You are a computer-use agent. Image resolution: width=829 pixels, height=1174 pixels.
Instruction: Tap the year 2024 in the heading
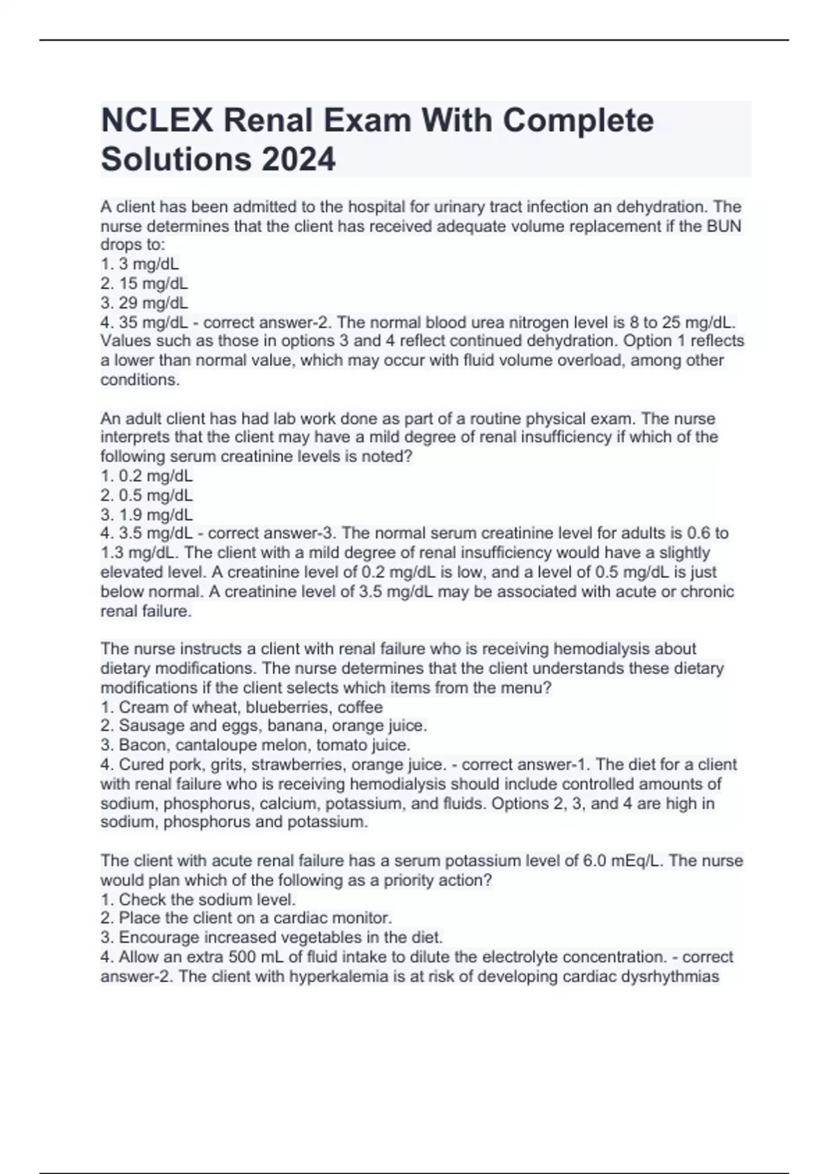point(298,160)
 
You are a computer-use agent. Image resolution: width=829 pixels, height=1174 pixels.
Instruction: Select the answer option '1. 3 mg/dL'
point(140,264)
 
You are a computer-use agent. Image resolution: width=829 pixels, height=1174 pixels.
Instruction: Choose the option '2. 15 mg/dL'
point(144,283)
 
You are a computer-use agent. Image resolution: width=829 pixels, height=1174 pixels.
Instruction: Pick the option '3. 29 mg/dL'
point(144,302)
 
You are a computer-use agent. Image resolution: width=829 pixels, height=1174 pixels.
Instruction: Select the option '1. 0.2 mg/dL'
point(146,476)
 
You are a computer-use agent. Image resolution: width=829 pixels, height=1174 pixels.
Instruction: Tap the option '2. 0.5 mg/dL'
point(146,495)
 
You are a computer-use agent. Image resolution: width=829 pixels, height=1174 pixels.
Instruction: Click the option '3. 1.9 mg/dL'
point(146,514)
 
